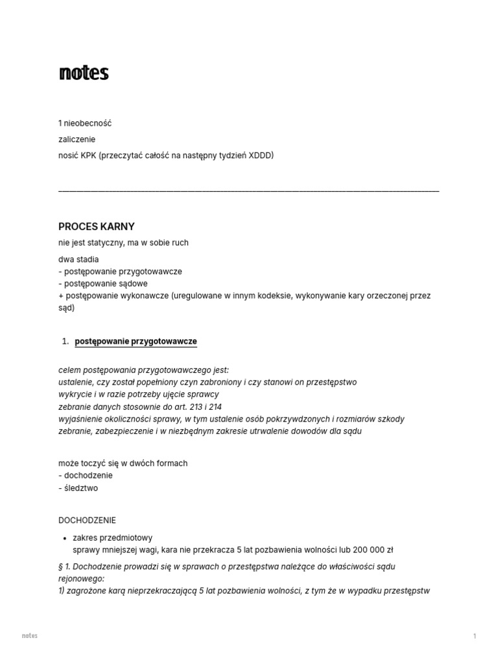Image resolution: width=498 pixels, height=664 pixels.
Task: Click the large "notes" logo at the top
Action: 84,73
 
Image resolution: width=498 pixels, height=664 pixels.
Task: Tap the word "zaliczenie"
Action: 77,139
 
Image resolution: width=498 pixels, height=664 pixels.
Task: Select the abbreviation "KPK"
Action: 88,156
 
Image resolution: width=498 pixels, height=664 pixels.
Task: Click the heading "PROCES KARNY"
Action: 97,226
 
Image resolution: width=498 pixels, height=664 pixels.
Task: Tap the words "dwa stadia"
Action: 78,259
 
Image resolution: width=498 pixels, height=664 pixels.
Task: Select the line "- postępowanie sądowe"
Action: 103,283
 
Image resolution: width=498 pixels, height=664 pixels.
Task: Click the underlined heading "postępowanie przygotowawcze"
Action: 136,341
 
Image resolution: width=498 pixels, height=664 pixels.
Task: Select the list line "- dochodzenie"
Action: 85,475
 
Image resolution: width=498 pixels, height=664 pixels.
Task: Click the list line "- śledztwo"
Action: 78,488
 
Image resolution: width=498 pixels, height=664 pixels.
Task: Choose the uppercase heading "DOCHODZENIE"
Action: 87,520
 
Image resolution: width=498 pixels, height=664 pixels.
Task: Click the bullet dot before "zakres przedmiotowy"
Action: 65,538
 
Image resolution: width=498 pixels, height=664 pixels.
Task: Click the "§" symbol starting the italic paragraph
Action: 60,566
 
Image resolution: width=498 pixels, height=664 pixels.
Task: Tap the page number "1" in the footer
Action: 475,636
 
